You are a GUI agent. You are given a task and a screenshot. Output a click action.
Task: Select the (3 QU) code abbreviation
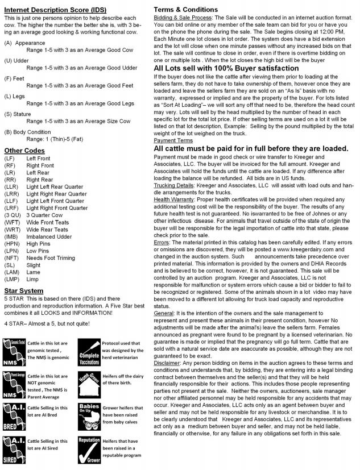[12, 214]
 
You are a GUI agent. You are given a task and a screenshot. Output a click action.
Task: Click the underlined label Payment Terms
[173, 140]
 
